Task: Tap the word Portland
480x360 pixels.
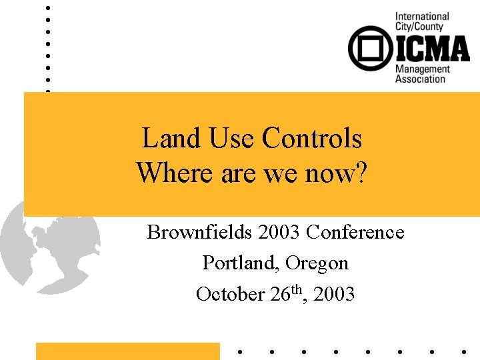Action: click(x=240, y=263)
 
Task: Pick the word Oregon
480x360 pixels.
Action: click(x=317, y=263)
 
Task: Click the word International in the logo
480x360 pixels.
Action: click(x=422, y=17)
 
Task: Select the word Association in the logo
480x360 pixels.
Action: click(x=420, y=79)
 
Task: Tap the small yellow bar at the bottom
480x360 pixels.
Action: click(x=127, y=351)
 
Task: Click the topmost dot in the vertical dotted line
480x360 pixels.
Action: click(x=47, y=8)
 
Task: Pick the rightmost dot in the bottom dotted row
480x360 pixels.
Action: click(x=463, y=351)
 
